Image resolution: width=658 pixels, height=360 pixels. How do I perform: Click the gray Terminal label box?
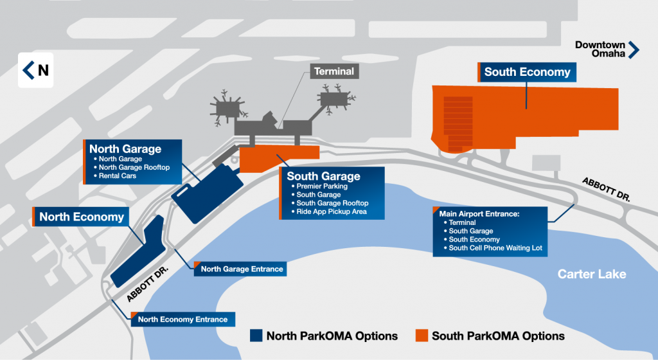(x=333, y=71)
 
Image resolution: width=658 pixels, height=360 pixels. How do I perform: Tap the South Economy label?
(x=527, y=72)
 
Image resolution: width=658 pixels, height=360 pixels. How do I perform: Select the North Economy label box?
(x=82, y=217)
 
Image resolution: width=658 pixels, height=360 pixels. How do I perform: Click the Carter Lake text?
(x=591, y=274)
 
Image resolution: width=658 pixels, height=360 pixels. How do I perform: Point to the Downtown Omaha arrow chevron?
(x=634, y=50)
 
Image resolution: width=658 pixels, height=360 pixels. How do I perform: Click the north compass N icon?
(x=36, y=70)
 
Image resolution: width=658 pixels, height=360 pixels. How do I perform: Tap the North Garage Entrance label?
(x=241, y=269)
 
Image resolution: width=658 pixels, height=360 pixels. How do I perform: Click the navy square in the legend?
(x=256, y=336)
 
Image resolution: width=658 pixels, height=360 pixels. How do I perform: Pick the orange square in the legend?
(x=422, y=336)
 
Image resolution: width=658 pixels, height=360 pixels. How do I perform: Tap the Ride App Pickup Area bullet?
(x=332, y=212)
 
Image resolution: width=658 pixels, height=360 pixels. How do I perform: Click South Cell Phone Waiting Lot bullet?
(x=490, y=248)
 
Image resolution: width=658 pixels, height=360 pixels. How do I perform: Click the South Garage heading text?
(x=323, y=176)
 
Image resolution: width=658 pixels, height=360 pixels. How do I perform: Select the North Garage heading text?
(x=125, y=149)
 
